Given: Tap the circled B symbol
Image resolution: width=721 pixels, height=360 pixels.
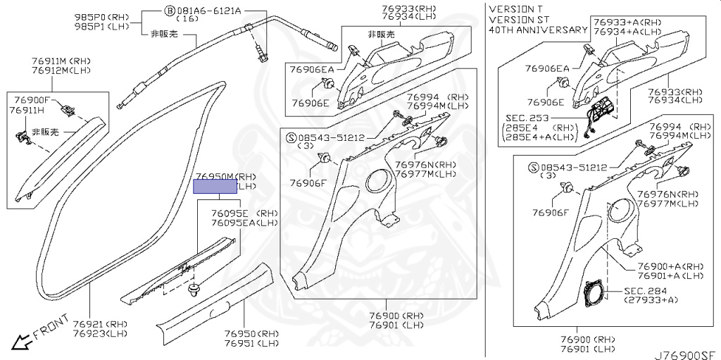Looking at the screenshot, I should point(170,11).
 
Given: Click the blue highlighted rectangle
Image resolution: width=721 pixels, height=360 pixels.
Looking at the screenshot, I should point(215,186).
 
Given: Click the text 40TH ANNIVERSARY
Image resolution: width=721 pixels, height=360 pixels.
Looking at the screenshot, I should point(538,30).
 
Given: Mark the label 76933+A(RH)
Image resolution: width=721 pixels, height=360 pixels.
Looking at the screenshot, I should point(627,22).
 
